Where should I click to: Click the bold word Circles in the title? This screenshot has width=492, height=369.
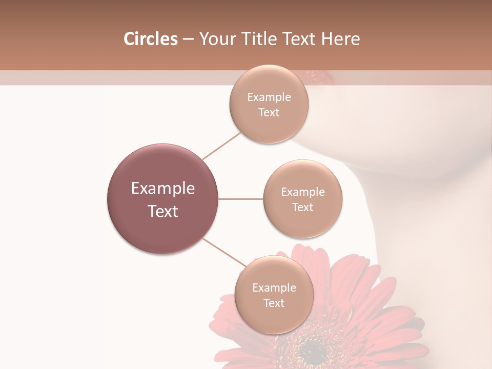(x=150, y=39)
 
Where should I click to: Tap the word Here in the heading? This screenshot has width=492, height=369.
(x=341, y=39)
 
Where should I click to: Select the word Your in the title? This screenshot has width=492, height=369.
(x=218, y=39)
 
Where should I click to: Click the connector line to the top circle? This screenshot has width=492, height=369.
(x=221, y=146)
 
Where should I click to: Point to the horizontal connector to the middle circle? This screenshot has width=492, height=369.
(x=240, y=199)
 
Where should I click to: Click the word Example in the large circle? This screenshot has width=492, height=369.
(x=163, y=189)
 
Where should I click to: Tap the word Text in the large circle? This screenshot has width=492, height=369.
(x=163, y=211)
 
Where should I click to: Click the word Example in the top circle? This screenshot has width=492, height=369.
(x=269, y=97)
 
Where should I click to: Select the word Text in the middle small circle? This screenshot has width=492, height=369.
(x=302, y=207)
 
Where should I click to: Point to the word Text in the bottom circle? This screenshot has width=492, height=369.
(x=274, y=303)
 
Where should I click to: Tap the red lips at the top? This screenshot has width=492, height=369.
(x=323, y=77)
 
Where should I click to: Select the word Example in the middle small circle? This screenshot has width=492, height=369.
(x=302, y=192)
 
